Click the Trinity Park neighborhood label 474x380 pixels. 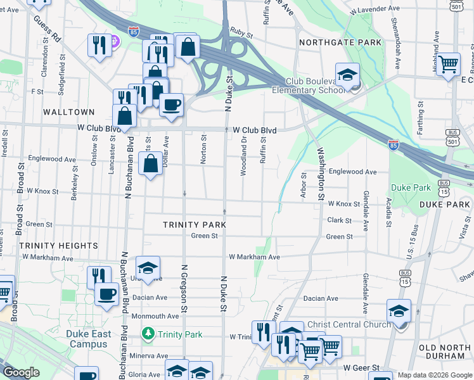[x=195, y=225]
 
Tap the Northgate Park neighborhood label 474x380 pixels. [x=341, y=42]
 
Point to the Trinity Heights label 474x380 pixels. [x=58, y=245]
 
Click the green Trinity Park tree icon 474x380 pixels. [x=148, y=332]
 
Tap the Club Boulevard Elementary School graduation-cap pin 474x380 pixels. [x=347, y=76]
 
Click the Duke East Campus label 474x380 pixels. [x=89, y=339]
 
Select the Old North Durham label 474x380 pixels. [x=445, y=353]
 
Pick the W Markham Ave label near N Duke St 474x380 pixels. [x=254, y=257]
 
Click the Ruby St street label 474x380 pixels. [x=238, y=30]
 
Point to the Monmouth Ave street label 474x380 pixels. [x=155, y=316]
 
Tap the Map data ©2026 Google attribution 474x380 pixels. [x=435, y=375]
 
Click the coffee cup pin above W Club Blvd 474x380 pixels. [x=171, y=104]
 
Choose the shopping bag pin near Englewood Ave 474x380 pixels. [x=150, y=165]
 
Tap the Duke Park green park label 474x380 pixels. [x=411, y=187]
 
